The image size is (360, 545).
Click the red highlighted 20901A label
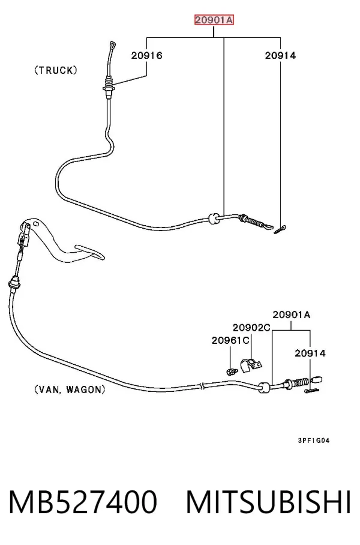pyautogui.click(x=214, y=20)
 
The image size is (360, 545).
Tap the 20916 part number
pyautogui.click(x=146, y=55)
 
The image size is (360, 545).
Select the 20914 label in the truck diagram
pyautogui.click(x=280, y=55)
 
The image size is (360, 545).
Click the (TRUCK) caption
pyautogui.click(x=56, y=71)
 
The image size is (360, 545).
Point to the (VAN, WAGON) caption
pyautogui.click(x=70, y=390)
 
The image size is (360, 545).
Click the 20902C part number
pyautogui.click(x=251, y=327)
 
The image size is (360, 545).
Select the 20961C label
pyautogui.click(x=230, y=340)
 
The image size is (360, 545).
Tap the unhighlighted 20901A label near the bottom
pyautogui.click(x=291, y=315)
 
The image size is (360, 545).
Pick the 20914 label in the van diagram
pyautogui.click(x=310, y=353)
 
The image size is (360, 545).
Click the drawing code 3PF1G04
pyautogui.click(x=313, y=441)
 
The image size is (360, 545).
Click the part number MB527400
pyautogui.click(x=83, y=502)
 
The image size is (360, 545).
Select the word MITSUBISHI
pyautogui.click(x=269, y=502)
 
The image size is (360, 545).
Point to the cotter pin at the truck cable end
pyautogui.click(x=280, y=230)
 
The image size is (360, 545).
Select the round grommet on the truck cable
pyautogui.click(x=214, y=218)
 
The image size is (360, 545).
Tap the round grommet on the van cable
pyautogui.click(x=265, y=387)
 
